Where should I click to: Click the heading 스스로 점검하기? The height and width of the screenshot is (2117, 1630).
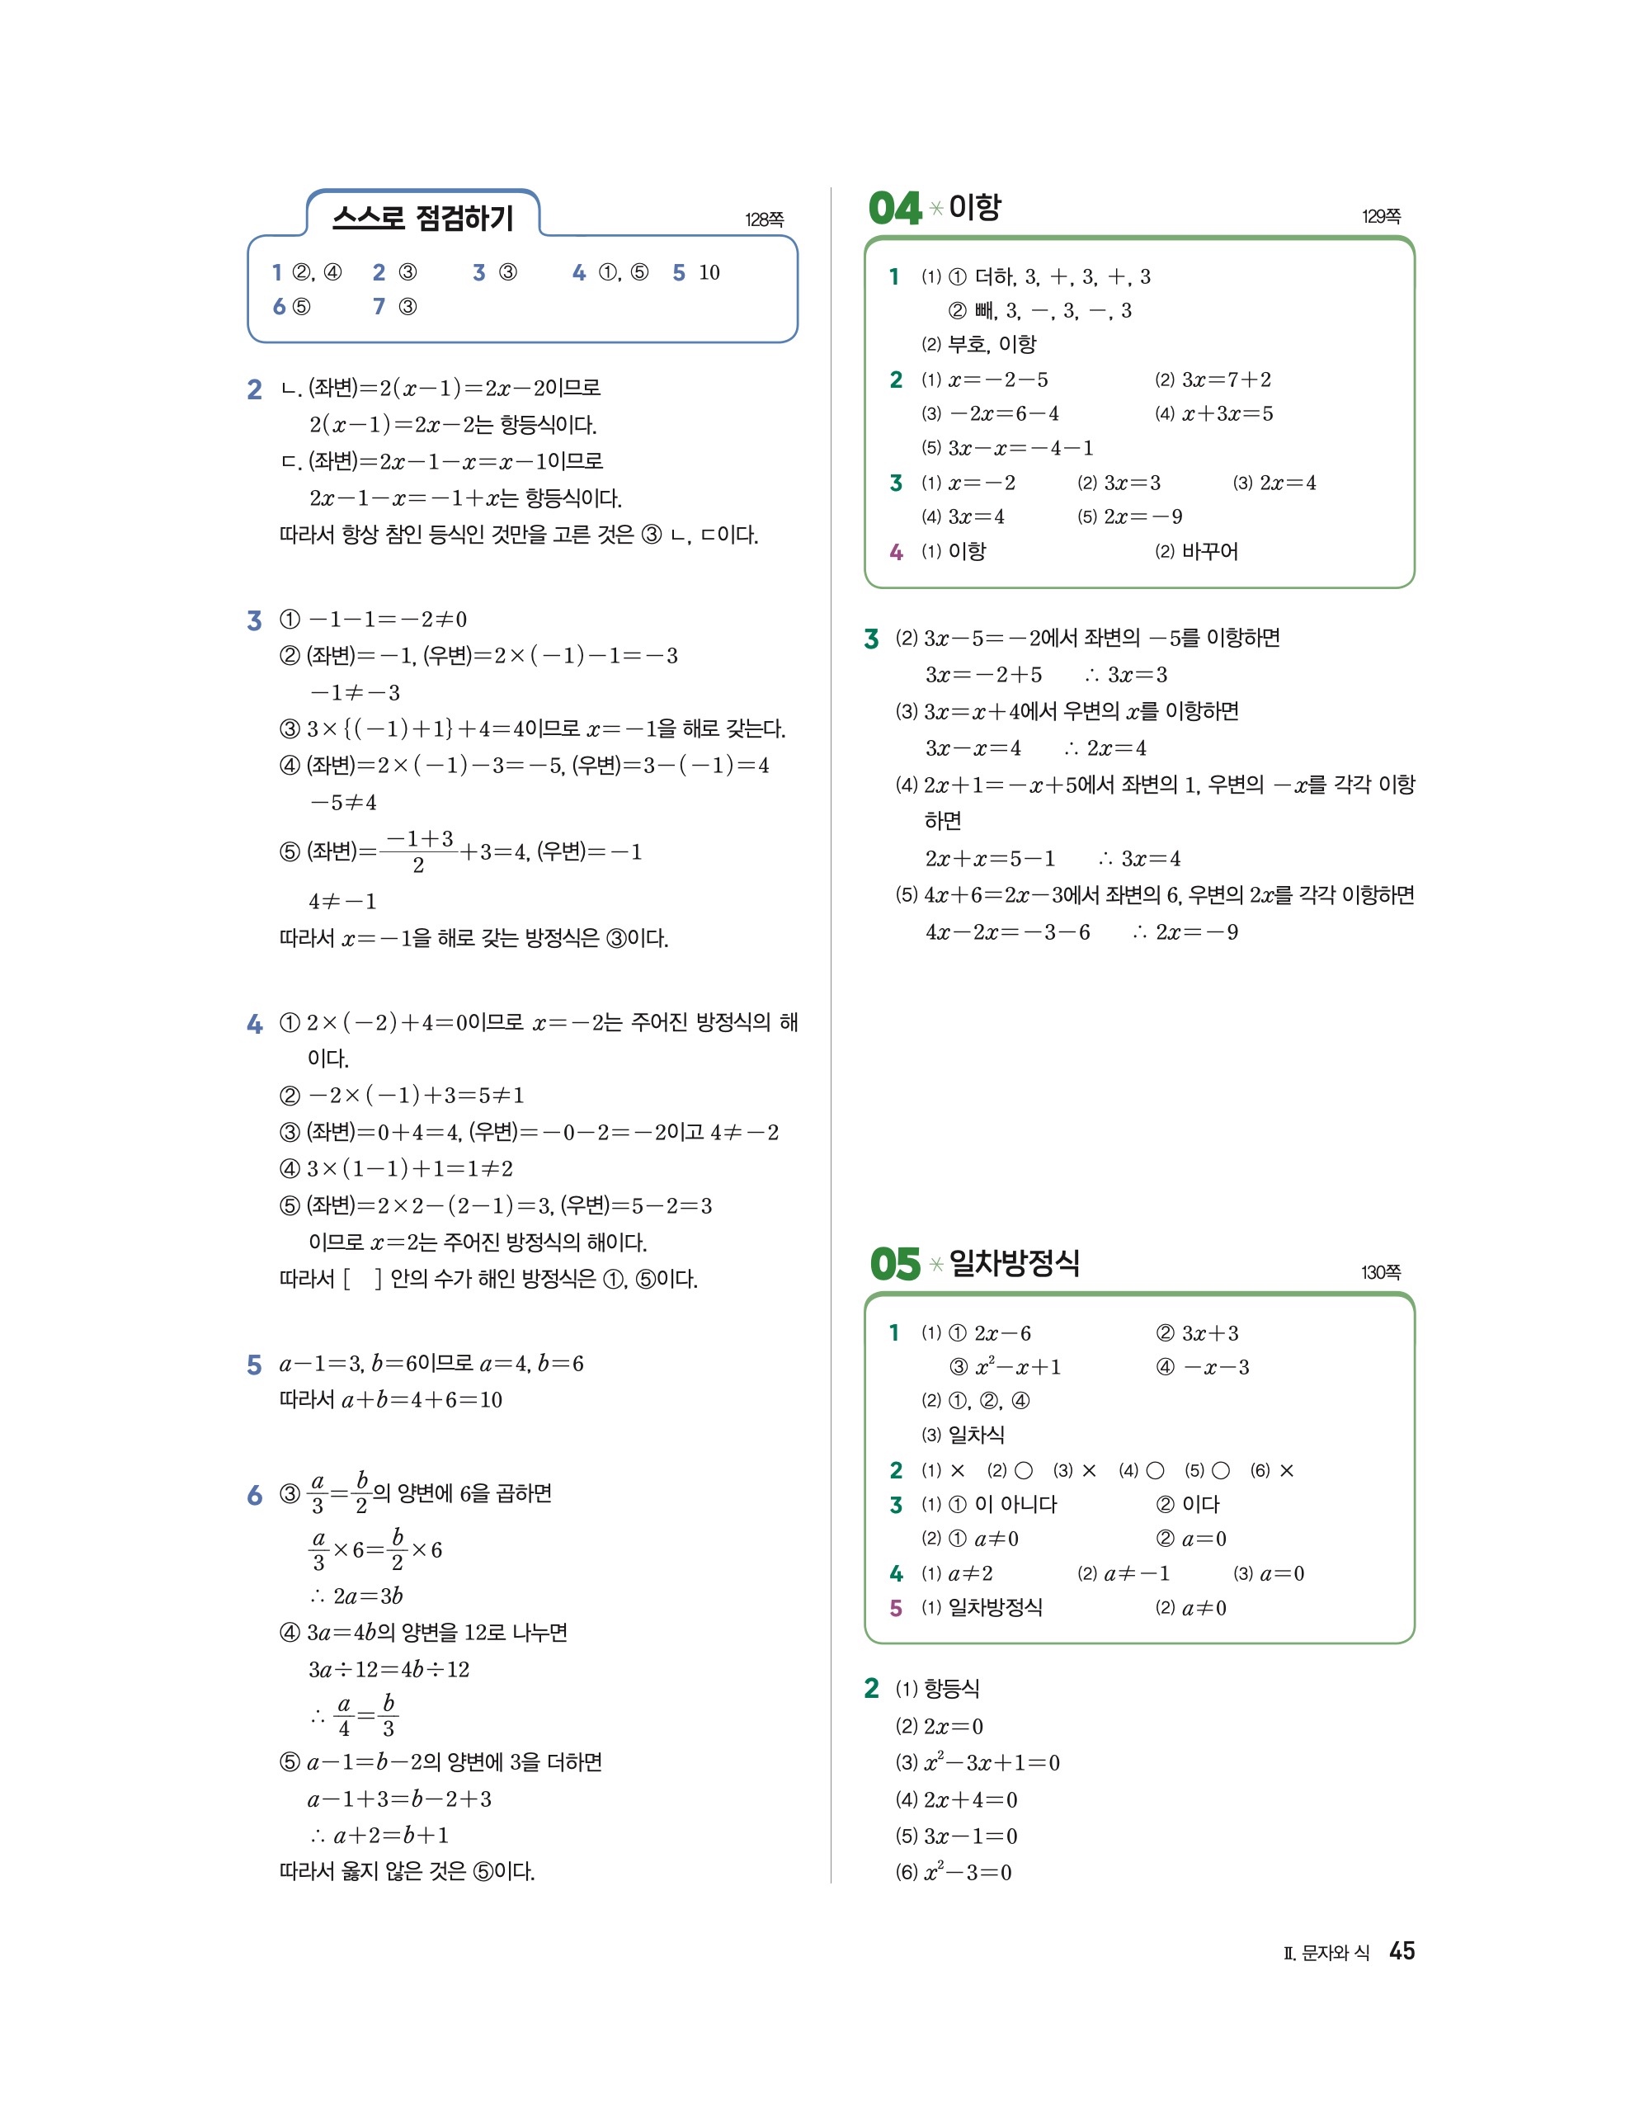(x=422, y=217)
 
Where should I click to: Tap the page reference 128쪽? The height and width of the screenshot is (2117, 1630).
(x=764, y=220)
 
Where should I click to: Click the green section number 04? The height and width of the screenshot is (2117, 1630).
(x=893, y=209)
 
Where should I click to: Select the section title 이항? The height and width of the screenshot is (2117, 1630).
(x=974, y=207)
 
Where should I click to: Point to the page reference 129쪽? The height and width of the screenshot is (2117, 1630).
(x=1380, y=216)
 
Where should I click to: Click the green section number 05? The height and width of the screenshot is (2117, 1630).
(x=893, y=1264)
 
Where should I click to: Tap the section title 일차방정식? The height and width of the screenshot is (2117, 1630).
(x=1014, y=1263)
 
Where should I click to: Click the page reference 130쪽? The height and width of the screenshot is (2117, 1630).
(x=1380, y=1271)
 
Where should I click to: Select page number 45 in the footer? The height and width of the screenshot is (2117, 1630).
(x=1402, y=1951)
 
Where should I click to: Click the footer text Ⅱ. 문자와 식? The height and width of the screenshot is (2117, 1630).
(x=1326, y=1953)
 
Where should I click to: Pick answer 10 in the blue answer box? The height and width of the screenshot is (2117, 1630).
(x=709, y=273)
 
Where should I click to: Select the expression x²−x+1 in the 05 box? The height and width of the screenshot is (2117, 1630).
(x=1018, y=1367)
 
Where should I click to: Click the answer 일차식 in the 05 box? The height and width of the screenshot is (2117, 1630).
(x=976, y=1435)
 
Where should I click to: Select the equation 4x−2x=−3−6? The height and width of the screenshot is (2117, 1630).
(x=1008, y=932)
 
